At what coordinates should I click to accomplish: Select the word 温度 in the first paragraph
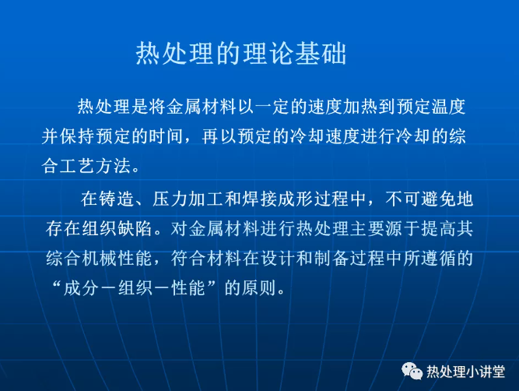[448, 107]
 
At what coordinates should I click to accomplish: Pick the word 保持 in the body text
[78, 136]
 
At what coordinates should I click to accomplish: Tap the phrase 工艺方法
[95, 165]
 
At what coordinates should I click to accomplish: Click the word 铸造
[116, 199]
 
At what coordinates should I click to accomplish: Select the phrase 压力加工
[188, 199]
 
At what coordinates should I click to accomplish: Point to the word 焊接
[260, 199]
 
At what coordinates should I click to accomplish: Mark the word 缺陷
[135, 228]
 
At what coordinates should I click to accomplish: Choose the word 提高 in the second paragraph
[438, 228]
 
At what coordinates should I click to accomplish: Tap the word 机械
[99, 258]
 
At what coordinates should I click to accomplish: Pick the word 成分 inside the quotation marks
[81, 288]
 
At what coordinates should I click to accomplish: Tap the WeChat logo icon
[412, 371]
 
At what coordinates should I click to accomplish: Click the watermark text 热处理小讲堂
[466, 372]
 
